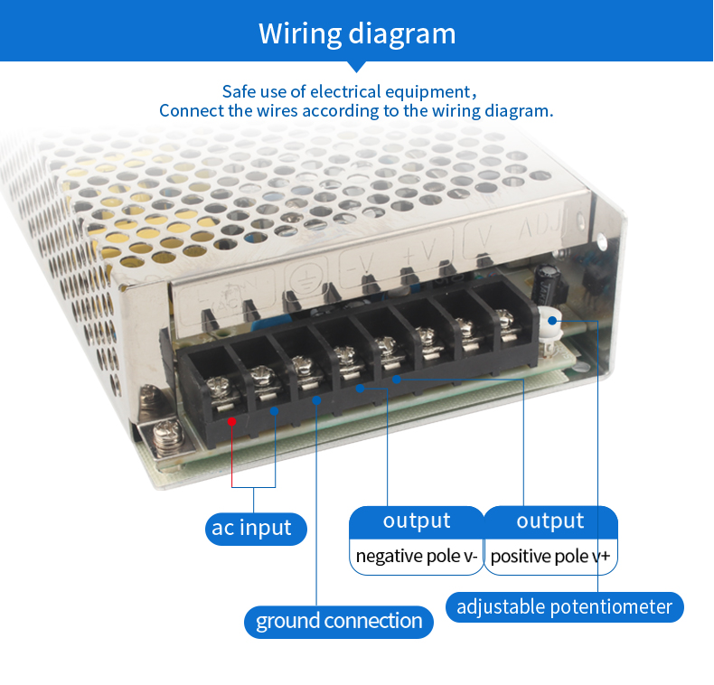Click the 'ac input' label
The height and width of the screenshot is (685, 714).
pyautogui.click(x=252, y=528)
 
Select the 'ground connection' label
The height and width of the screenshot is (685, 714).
pyautogui.click(x=339, y=621)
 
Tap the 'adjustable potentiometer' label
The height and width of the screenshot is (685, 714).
pyautogui.click(x=564, y=606)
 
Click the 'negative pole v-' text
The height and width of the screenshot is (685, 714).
pyautogui.click(x=417, y=556)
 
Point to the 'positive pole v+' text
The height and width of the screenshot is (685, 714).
pyautogui.click(x=550, y=556)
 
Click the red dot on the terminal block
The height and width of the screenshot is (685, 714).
pyautogui.click(x=232, y=420)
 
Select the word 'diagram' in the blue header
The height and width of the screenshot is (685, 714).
pyautogui.click(x=402, y=33)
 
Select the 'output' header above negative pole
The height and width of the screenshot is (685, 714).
pyautogui.click(x=417, y=521)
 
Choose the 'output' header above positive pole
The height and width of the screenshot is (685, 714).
pyautogui.click(x=550, y=521)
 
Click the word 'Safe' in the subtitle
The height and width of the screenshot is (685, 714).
pyautogui.click(x=239, y=91)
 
